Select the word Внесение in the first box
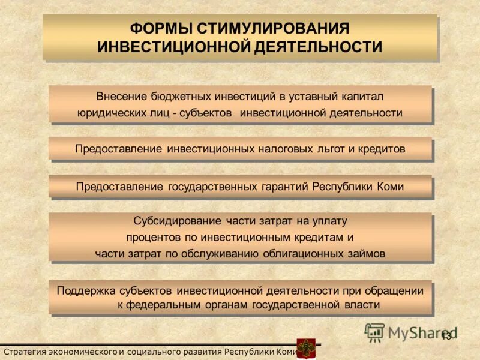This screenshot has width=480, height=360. click(x=118, y=97)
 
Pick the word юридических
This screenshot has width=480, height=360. click(x=109, y=113)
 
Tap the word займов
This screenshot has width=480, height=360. click(x=366, y=253)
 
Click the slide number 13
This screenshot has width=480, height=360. click(x=446, y=335)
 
